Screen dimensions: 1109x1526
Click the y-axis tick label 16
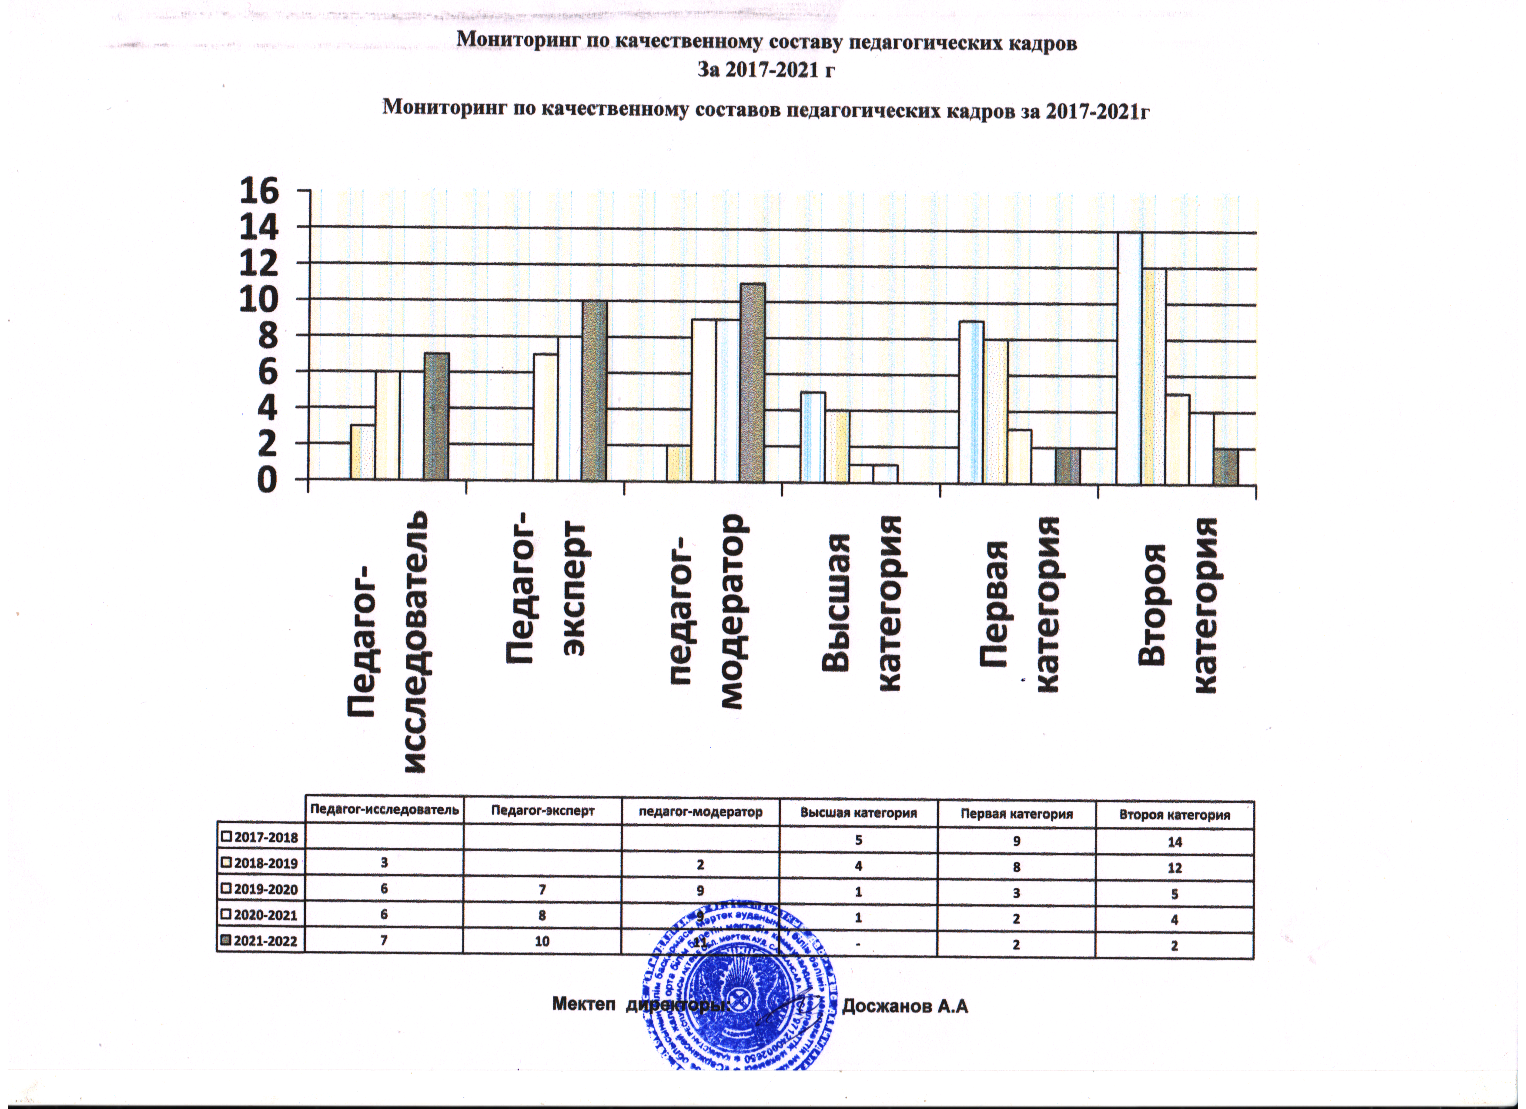[258, 192]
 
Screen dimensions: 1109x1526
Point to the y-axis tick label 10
[258, 301]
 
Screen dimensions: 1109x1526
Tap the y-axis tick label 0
[264, 481]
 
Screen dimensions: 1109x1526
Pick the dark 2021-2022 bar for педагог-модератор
[752, 382]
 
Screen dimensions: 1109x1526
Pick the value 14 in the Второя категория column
[1174, 842]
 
